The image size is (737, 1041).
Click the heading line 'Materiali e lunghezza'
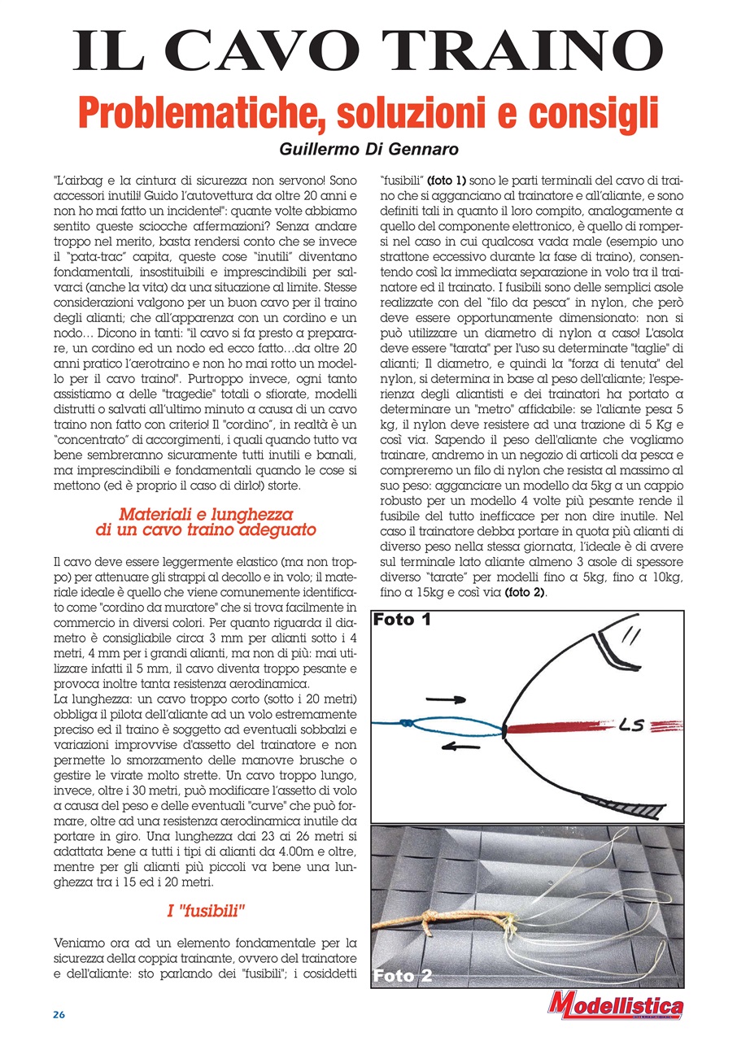pos(206,514)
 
